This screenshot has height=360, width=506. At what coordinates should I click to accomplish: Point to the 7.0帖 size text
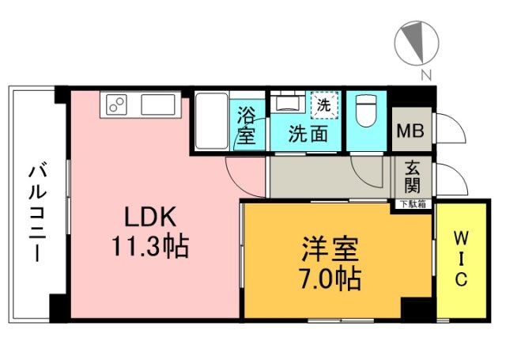[330, 278]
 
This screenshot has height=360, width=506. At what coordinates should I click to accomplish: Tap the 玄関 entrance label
[413, 177]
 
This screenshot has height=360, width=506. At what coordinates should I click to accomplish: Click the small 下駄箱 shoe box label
[413, 204]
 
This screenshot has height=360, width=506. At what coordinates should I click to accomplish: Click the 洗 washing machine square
[324, 104]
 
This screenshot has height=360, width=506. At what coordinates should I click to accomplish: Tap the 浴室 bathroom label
[247, 125]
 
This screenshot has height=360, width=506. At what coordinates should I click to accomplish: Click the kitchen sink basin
[160, 104]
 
